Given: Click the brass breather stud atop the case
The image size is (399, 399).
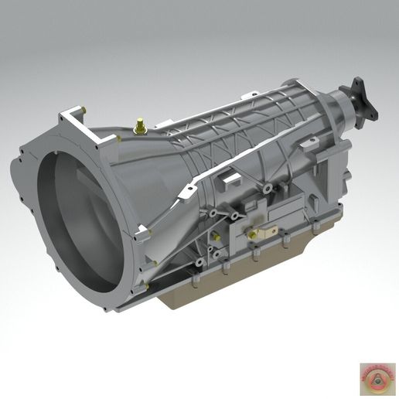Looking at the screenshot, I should click(141, 124).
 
